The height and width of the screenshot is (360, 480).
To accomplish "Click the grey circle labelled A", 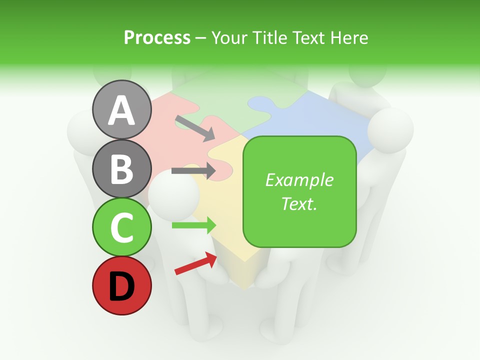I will (121, 109).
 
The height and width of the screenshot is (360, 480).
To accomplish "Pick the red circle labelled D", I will (121, 285).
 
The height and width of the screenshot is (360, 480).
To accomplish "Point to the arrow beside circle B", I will (193, 170).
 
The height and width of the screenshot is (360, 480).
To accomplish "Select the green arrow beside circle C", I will (194, 225).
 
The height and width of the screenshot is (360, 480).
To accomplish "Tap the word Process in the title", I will (157, 37).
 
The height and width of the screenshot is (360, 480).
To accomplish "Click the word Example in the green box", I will (299, 180).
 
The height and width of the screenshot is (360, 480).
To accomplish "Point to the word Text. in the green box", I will (299, 203).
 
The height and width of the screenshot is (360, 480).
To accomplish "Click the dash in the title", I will (200, 38).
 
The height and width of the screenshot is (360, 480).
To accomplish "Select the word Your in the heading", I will (229, 37).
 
